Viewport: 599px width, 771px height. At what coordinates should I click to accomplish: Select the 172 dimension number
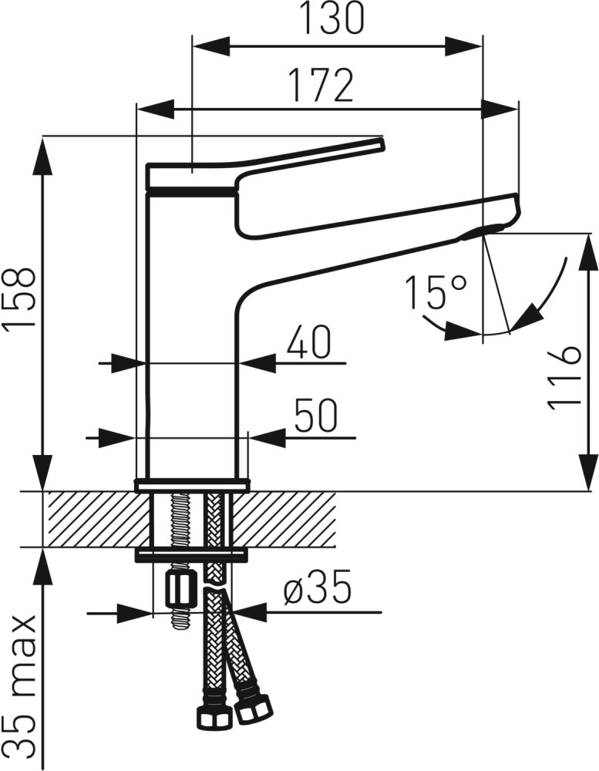[321, 85]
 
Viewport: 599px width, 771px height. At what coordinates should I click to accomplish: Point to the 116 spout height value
[564, 378]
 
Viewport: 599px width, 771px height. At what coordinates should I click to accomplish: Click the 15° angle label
[436, 292]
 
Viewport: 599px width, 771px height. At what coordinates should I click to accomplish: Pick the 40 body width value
[309, 343]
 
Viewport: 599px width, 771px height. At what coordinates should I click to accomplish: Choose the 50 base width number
[315, 416]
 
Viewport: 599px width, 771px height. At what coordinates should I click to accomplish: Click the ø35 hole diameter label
[318, 587]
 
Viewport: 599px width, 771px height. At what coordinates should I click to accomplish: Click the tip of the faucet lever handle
[381, 141]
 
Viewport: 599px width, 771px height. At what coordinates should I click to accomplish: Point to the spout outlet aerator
[483, 231]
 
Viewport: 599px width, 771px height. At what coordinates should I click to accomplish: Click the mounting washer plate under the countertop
[191, 556]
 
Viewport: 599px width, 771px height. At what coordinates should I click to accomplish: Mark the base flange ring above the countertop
[191, 485]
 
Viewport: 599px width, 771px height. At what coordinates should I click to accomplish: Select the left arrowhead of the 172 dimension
[156, 109]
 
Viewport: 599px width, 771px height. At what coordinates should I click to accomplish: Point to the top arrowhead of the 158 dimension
[43, 157]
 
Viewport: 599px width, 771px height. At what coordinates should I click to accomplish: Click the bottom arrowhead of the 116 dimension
[589, 472]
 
